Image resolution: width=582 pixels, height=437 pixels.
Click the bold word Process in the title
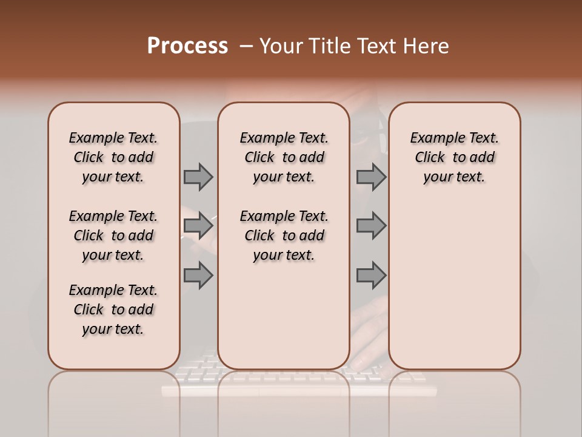point(187,46)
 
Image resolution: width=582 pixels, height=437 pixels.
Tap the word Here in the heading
point(426,46)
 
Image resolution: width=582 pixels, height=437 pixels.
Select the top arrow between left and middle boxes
point(198,177)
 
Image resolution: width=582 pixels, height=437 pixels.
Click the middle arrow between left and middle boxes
point(198,226)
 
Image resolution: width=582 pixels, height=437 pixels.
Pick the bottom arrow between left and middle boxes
point(198,276)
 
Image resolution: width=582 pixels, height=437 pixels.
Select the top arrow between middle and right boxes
point(371,177)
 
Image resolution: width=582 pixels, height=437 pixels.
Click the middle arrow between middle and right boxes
point(371,226)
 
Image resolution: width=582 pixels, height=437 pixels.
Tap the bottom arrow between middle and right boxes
point(371,276)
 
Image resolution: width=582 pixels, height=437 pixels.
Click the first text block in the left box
point(113,157)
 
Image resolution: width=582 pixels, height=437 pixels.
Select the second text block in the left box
point(113,235)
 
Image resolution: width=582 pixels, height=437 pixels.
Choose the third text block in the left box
point(113,310)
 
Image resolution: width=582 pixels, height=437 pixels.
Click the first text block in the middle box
point(284,157)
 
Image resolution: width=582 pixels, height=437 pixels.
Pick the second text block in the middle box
point(284,235)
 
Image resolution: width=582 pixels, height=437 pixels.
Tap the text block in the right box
point(455,157)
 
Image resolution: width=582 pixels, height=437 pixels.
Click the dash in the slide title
point(246,46)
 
